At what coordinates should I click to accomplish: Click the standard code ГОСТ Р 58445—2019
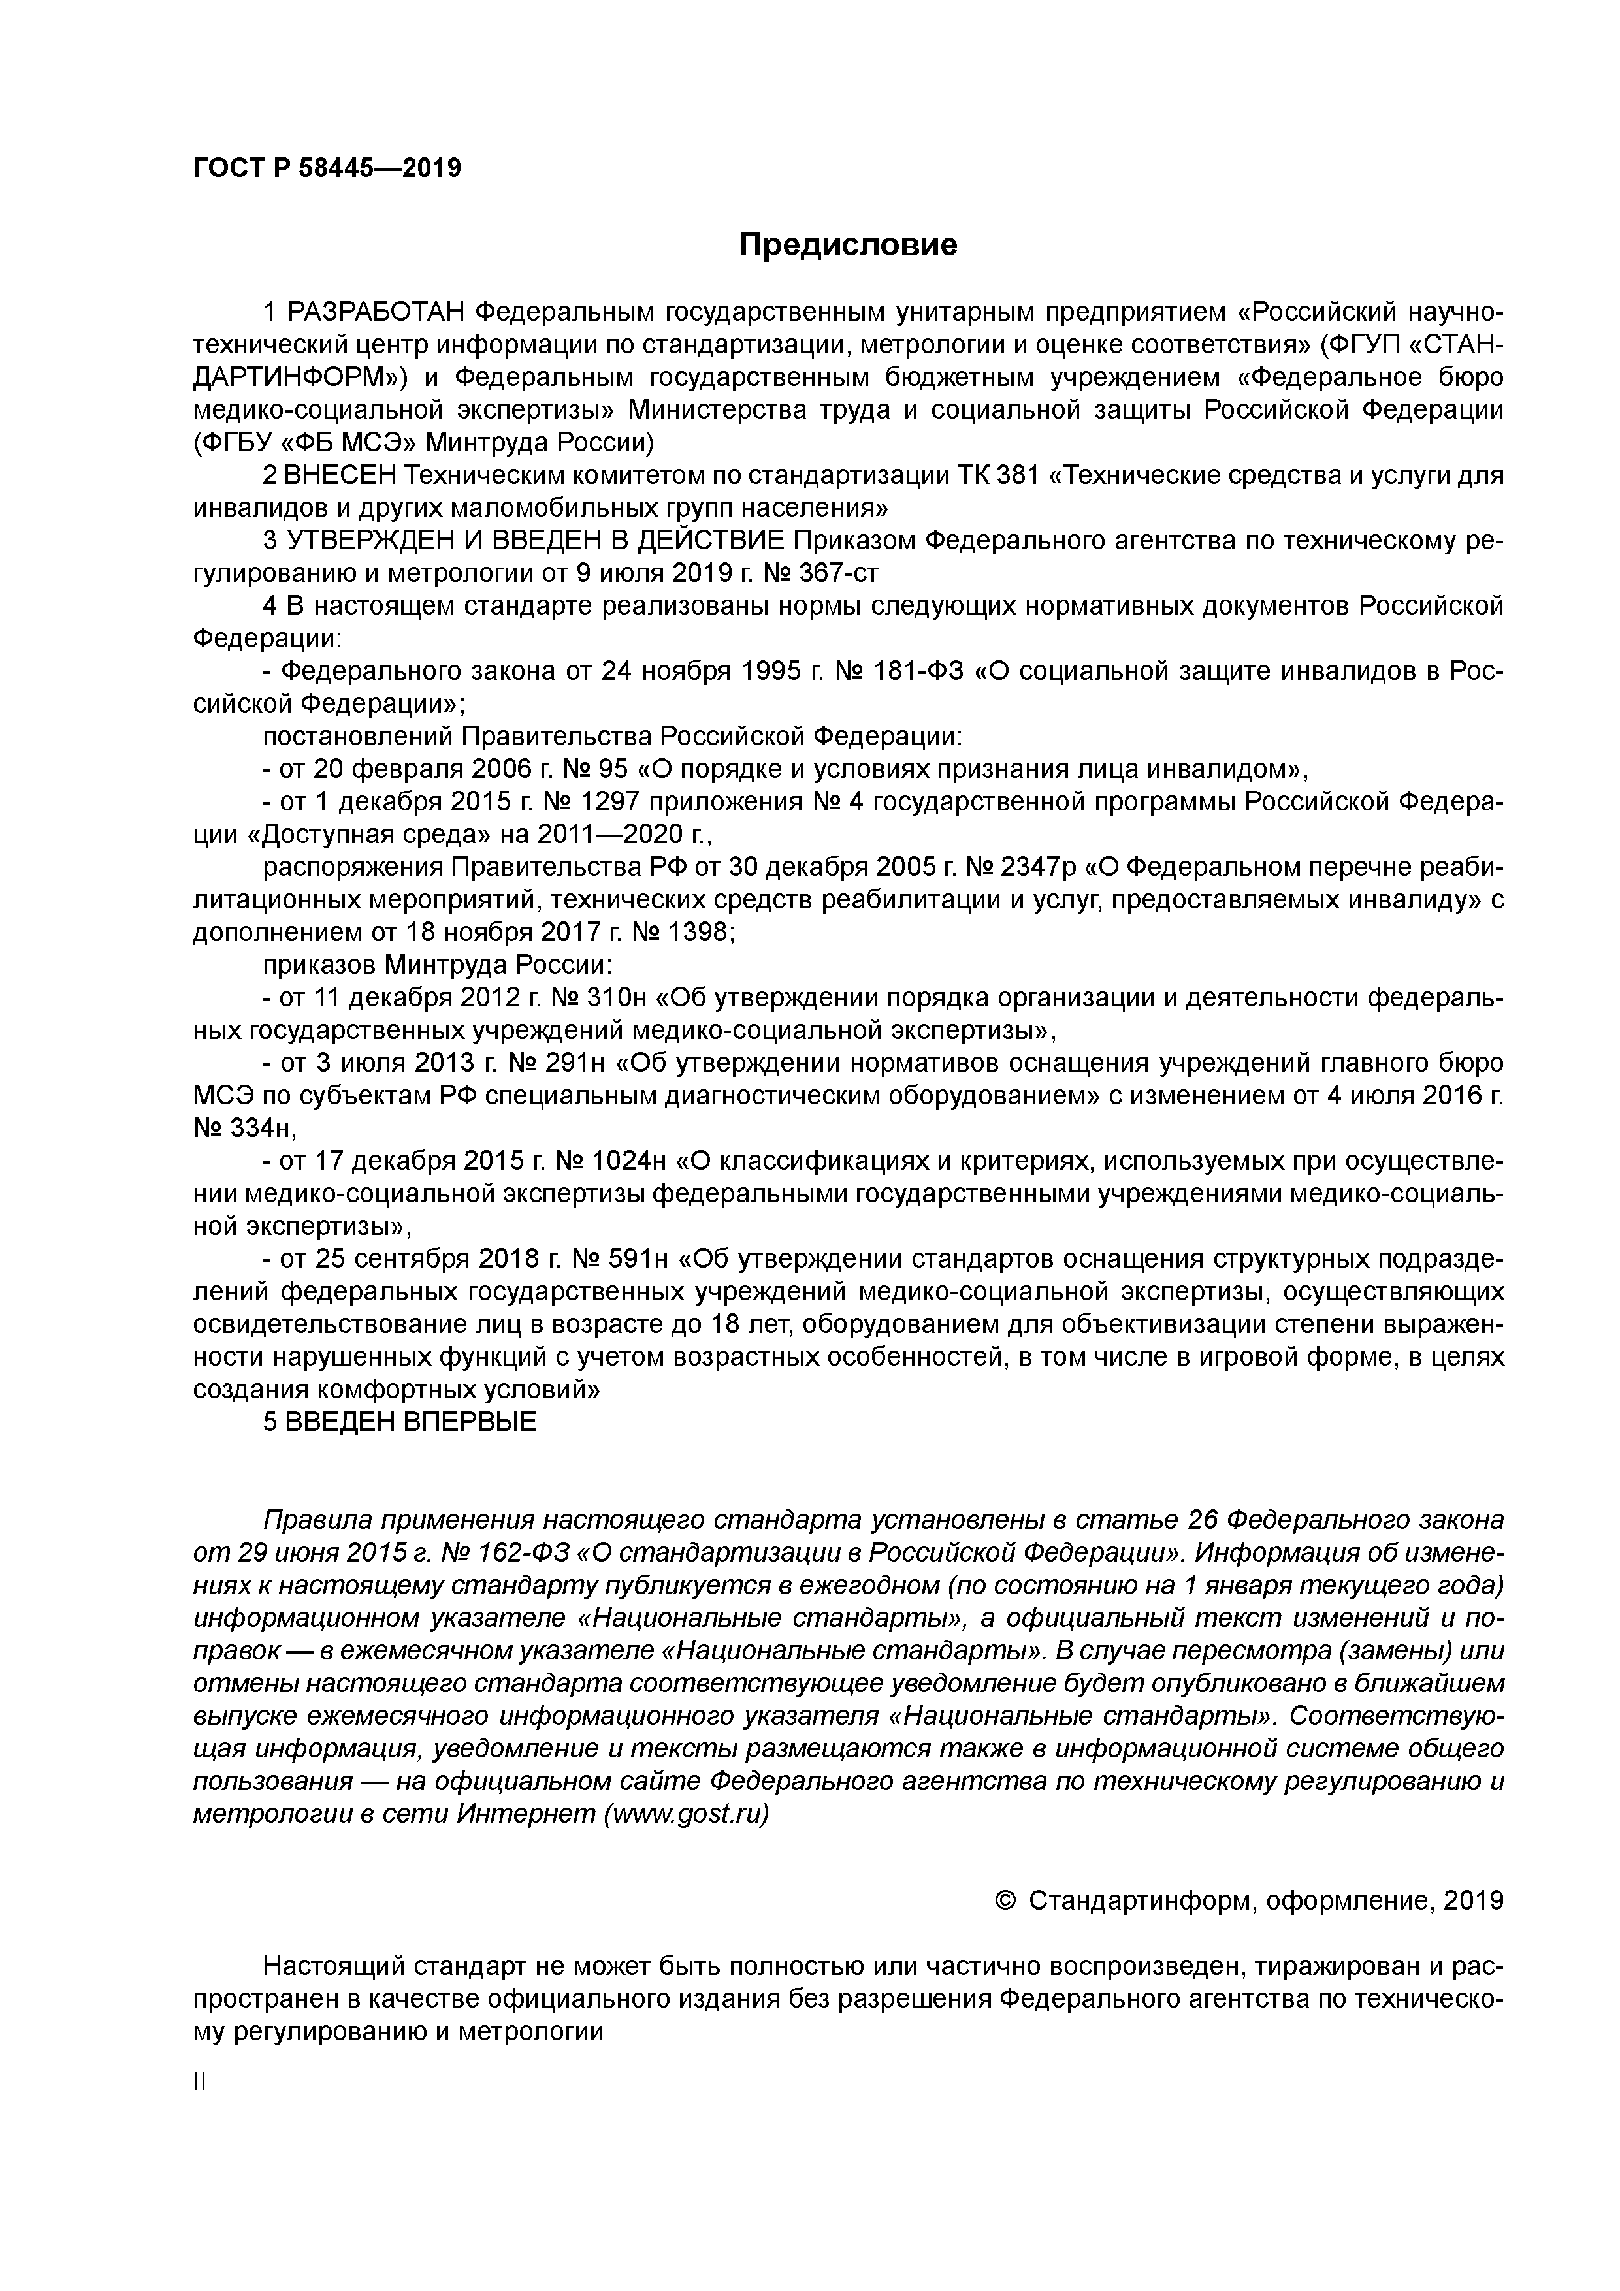[327, 168]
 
